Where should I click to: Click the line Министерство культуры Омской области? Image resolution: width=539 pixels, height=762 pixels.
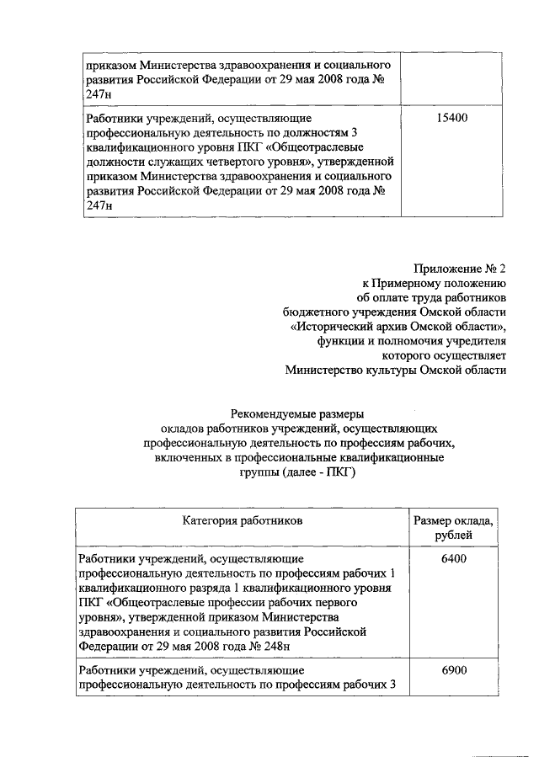point(396,369)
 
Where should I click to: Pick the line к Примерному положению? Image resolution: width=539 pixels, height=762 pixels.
point(434,284)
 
